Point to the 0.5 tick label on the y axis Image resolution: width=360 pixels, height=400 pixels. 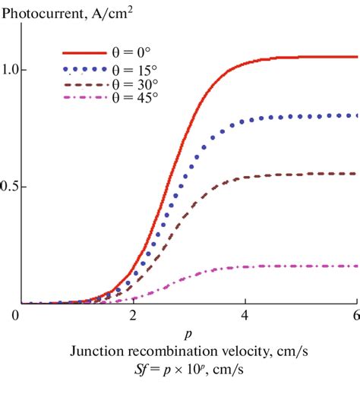[11, 187]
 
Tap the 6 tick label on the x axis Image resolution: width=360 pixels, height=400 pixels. [355, 315]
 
